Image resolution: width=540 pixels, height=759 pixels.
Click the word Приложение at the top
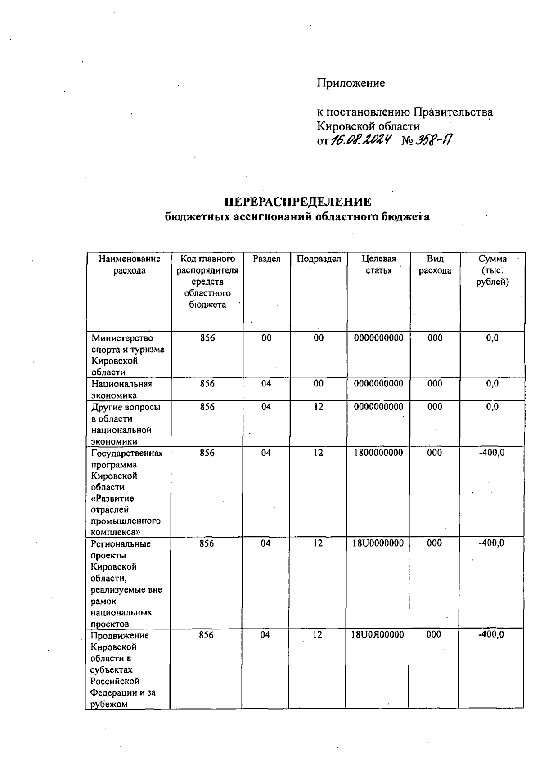pyautogui.click(x=351, y=83)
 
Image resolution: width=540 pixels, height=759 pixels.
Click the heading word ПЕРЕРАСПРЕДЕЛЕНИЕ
pyautogui.click(x=298, y=202)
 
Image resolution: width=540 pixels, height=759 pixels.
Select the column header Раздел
pyautogui.click(x=266, y=259)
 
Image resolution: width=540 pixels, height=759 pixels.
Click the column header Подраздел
pyautogui.click(x=319, y=259)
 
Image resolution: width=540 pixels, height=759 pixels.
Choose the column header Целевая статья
pyautogui.click(x=378, y=265)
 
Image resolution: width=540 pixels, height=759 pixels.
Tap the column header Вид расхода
pyautogui.click(x=435, y=265)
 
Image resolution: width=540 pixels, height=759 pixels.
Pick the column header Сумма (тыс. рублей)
pyautogui.click(x=492, y=270)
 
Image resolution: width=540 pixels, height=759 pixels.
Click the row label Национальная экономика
pyautogui.click(x=121, y=389)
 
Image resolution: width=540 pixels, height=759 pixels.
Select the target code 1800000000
pyautogui.click(x=378, y=453)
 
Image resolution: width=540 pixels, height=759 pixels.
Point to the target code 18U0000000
pyautogui.click(x=378, y=543)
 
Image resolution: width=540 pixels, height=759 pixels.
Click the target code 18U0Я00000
pyautogui.click(x=378, y=634)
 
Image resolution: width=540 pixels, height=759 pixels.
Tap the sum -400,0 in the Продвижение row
pyautogui.click(x=491, y=634)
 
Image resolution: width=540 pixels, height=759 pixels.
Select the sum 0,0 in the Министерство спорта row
pyautogui.click(x=492, y=338)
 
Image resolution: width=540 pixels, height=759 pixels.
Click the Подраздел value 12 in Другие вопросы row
pyautogui.click(x=319, y=407)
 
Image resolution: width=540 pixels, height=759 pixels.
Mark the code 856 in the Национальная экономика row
pyautogui.click(x=207, y=384)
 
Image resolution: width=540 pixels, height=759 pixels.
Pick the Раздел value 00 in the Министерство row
pyautogui.click(x=266, y=338)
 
